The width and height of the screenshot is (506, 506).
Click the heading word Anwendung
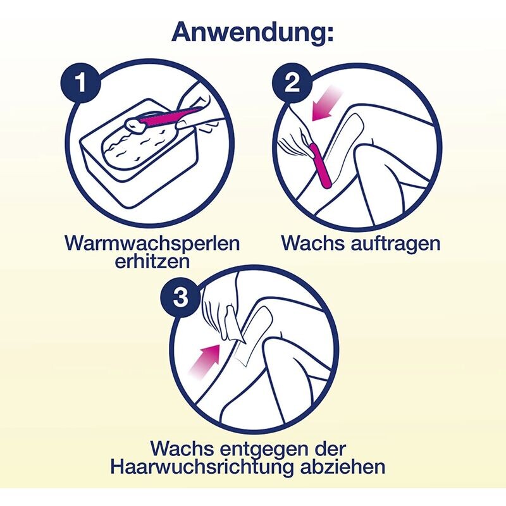[x=252, y=32]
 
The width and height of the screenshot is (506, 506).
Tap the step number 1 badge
[x=81, y=83]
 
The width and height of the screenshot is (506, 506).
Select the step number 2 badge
[x=292, y=83]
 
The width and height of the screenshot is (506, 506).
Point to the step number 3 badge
[x=180, y=297]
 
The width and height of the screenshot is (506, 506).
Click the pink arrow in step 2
[x=326, y=106]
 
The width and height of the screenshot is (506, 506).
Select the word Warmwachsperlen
[x=152, y=243]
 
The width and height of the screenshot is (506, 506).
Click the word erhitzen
[x=152, y=261]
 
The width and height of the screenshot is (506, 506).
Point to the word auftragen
[x=395, y=244]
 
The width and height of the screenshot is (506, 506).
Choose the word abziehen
[x=343, y=467]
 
